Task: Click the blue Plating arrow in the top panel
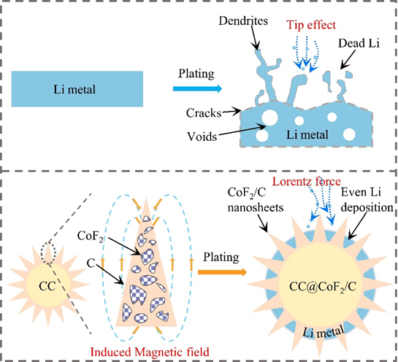(x=197, y=88)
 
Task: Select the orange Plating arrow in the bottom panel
(x=222, y=272)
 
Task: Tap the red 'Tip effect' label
(x=311, y=25)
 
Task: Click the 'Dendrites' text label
(x=243, y=21)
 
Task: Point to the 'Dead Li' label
(x=359, y=43)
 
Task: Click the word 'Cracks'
(x=204, y=113)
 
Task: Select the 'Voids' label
(x=202, y=136)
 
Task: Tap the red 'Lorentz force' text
(x=307, y=182)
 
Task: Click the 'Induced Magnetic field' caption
(x=150, y=352)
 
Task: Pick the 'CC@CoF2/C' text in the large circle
(x=322, y=287)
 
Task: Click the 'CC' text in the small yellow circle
(x=47, y=286)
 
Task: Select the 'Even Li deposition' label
(x=367, y=200)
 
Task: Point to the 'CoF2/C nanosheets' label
(x=256, y=200)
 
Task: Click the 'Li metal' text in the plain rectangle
(x=74, y=90)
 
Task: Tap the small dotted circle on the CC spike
(x=48, y=253)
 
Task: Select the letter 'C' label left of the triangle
(x=91, y=263)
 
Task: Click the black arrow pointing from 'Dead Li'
(x=348, y=60)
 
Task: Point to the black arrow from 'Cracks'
(x=231, y=112)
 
